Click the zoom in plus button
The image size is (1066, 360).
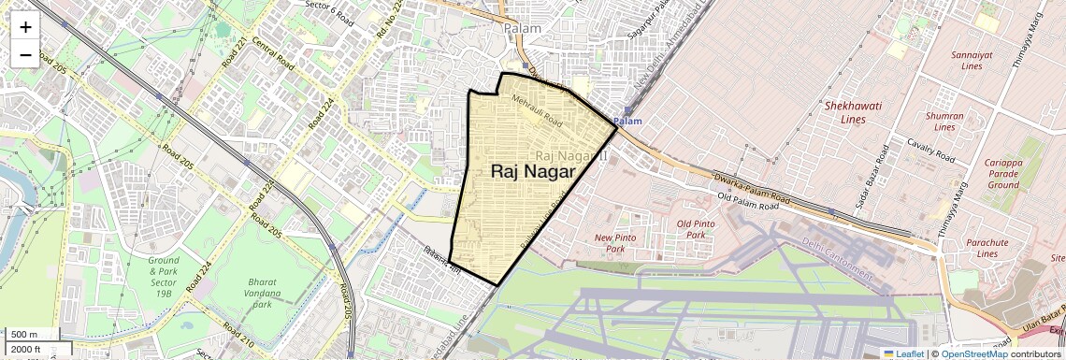[25, 27]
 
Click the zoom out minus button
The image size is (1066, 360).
[25, 54]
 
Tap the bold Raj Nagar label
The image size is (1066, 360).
[532, 171]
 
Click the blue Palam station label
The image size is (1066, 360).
[628, 122]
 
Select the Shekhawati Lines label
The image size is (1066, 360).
[853, 112]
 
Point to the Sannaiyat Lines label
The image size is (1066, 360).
[972, 61]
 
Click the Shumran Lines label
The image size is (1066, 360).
[944, 121]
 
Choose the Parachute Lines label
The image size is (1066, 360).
[988, 248]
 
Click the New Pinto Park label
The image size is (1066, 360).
[615, 243]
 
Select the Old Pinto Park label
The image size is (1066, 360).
[696, 229]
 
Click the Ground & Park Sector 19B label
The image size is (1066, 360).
[163, 277]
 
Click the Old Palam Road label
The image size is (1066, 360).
[747, 197]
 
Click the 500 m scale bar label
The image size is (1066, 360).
[25, 334]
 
